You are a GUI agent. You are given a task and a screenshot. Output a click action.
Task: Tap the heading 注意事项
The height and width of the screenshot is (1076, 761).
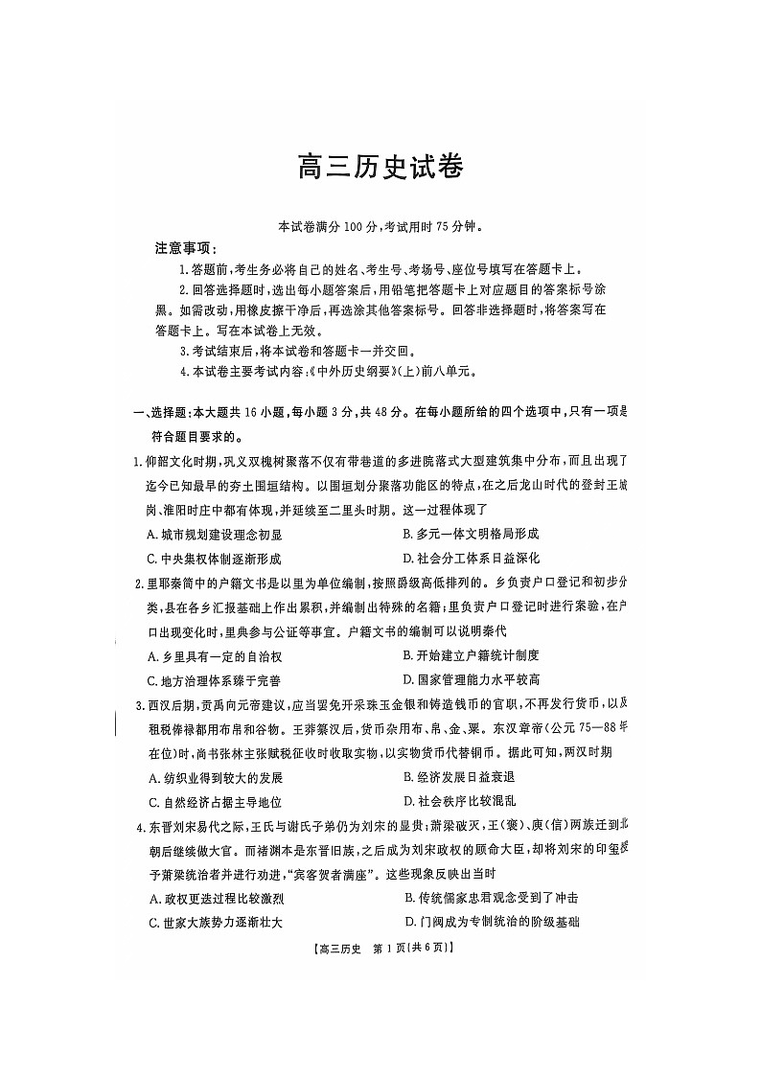pos(186,248)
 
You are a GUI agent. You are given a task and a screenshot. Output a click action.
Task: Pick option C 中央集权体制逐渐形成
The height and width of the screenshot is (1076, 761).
pos(214,559)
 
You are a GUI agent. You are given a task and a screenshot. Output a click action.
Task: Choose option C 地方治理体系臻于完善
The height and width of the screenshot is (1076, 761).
pos(214,680)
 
